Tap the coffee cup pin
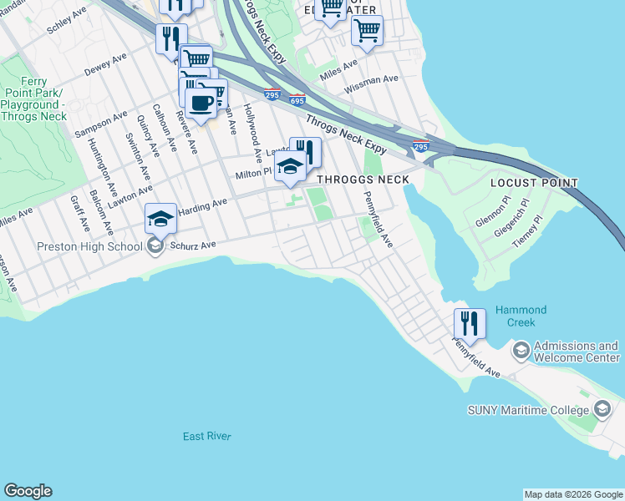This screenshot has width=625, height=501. point(201,104)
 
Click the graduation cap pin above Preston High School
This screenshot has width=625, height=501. point(160,220)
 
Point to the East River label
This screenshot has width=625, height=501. point(207,437)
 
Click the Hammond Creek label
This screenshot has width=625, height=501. point(521,316)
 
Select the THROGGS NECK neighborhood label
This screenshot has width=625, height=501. point(362,180)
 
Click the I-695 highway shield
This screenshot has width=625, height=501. point(297,100)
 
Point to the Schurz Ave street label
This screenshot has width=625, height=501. point(193,245)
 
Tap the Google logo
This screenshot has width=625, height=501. point(28,491)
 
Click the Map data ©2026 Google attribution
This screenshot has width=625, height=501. point(572,494)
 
